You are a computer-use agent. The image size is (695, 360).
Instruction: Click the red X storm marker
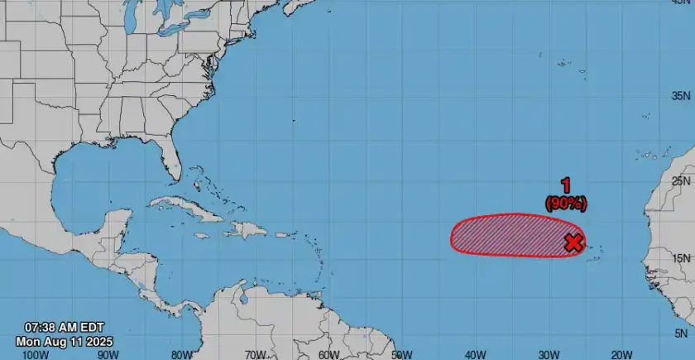coord(573,242)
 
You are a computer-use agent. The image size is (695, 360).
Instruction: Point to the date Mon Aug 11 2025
coord(64,341)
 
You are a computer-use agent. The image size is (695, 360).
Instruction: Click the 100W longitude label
coord(35,354)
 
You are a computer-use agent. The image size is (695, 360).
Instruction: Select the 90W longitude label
coord(108,354)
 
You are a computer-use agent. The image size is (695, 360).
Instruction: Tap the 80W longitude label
coord(182,354)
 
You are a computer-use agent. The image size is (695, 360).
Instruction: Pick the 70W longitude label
coord(256,354)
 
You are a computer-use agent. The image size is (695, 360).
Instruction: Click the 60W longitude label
coord(329,354)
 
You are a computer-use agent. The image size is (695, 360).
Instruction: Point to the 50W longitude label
coord(403,354)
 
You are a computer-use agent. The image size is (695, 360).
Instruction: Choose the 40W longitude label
coord(477,354)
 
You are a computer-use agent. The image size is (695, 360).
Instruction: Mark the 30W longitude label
coord(550,354)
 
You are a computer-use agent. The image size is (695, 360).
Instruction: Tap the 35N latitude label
coord(681,96)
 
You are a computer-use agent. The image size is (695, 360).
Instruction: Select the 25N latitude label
coord(681,180)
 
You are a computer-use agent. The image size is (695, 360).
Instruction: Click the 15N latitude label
coord(681,258)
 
